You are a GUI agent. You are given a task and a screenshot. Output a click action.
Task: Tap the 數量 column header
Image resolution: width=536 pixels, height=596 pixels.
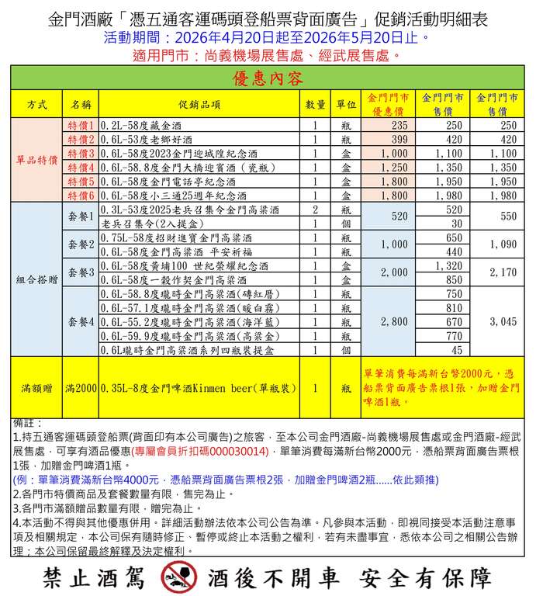(315, 103)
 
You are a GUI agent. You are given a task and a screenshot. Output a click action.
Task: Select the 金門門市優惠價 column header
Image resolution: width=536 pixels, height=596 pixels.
(389, 103)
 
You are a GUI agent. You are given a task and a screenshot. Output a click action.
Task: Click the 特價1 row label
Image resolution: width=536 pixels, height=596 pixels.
(81, 126)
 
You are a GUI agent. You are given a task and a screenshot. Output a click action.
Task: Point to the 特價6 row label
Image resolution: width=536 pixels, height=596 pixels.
(81, 196)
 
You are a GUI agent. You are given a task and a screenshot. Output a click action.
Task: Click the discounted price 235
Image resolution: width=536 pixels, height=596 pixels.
(399, 126)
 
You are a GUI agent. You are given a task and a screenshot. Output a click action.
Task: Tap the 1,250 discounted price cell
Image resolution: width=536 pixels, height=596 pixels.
(394, 168)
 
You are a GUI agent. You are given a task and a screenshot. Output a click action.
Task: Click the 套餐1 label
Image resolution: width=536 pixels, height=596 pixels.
(81, 217)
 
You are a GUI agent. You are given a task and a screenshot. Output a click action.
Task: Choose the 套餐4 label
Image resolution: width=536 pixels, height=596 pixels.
(81, 321)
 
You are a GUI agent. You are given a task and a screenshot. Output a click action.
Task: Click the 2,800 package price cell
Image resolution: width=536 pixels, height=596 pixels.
(394, 321)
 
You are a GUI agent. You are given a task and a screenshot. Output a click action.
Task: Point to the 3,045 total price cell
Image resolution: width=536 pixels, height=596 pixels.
(503, 321)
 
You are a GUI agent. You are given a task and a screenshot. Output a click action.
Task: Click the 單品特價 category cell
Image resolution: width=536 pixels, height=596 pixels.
(36, 161)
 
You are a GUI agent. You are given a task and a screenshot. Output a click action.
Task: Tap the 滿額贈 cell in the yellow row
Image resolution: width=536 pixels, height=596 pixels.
(36, 386)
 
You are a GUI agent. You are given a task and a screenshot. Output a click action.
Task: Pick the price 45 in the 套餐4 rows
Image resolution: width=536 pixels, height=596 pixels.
(455, 349)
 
